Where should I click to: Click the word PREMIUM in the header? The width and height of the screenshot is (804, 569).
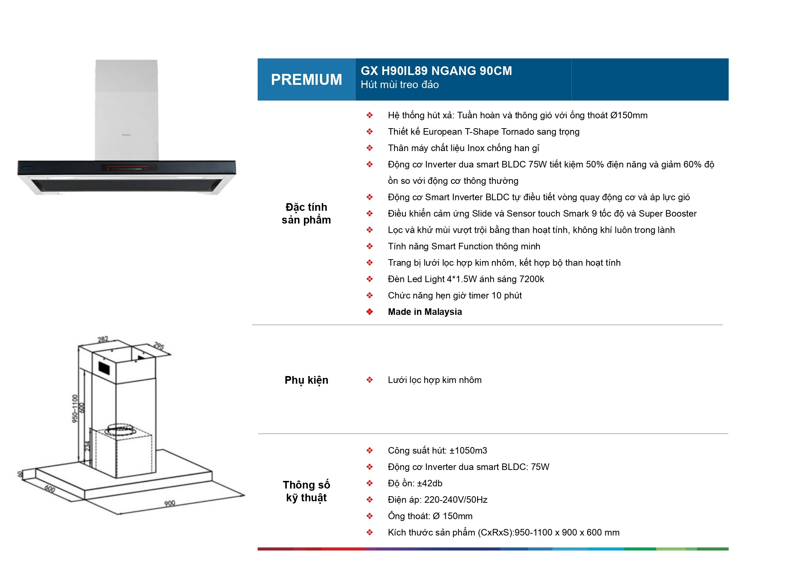pyautogui.click(x=306, y=80)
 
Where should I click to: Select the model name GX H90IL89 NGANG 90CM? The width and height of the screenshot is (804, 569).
pyautogui.click(x=436, y=71)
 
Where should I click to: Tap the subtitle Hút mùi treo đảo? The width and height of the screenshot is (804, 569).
pyautogui.click(x=400, y=85)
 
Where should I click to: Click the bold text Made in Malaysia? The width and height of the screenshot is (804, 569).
pyautogui.click(x=425, y=312)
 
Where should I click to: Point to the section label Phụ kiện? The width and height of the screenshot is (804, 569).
pyautogui.click(x=306, y=380)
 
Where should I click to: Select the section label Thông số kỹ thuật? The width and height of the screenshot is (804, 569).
pyautogui.click(x=306, y=491)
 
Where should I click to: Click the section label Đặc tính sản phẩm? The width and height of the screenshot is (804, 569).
pyautogui.click(x=306, y=213)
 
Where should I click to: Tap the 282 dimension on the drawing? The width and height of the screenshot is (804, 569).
pyautogui.click(x=103, y=339)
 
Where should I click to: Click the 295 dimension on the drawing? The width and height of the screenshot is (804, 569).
pyautogui.click(x=159, y=345)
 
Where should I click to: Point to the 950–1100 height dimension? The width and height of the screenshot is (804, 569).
pyautogui.click(x=75, y=408)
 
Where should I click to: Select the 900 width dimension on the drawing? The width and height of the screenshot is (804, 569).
pyautogui.click(x=170, y=503)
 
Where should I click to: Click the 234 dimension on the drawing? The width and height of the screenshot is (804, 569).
pyautogui.click(x=87, y=446)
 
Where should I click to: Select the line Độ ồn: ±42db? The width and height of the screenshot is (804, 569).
pyautogui.click(x=415, y=483)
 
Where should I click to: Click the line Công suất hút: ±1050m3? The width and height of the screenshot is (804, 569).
pyautogui.click(x=437, y=451)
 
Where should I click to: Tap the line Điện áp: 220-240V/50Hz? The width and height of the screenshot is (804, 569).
pyautogui.click(x=437, y=500)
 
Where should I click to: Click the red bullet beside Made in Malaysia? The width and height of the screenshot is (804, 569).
pyautogui.click(x=369, y=312)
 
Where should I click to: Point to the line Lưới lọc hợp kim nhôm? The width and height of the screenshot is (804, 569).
pyautogui.click(x=435, y=380)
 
